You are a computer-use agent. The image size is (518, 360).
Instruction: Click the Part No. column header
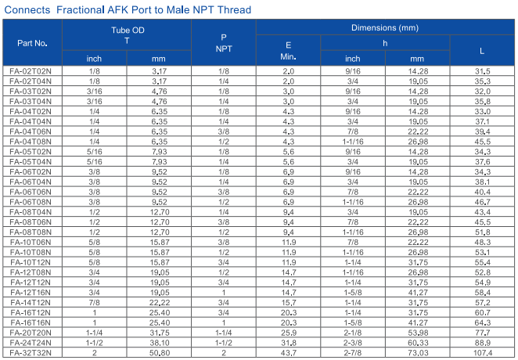tap(32, 43)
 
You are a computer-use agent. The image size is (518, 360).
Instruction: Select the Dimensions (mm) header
tap(385, 27)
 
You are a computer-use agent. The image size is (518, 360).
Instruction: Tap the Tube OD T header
tap(128, 35)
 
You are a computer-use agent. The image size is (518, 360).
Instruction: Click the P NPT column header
tap(224, 43)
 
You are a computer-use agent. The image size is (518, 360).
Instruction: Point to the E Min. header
tap(288, 51)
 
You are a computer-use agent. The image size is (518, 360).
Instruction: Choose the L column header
tap(482, 51)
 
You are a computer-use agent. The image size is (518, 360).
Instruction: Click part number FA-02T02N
tap(31, 71)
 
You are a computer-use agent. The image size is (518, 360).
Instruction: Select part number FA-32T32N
tap(31, 353)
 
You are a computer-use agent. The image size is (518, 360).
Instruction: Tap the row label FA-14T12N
tap(31, 303)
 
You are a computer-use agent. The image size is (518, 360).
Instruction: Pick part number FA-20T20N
tap(31, 333)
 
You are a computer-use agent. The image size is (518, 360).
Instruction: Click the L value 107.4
tap(482, 353)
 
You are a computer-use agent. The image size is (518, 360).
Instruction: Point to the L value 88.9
tap(482, 343)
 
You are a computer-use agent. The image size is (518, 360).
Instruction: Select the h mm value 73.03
tap(418, 353)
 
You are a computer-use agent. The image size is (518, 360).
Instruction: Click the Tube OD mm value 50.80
tap(159, 353)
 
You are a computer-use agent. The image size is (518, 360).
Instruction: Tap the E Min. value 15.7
tap(289, 303)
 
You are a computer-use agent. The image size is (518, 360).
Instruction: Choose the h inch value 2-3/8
tap(352, 343)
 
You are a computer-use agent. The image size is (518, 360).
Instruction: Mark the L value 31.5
tap(482, 71)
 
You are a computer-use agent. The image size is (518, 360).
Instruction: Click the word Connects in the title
tap(27, 10)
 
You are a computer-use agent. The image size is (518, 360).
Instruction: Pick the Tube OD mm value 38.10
tap(159, 343)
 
